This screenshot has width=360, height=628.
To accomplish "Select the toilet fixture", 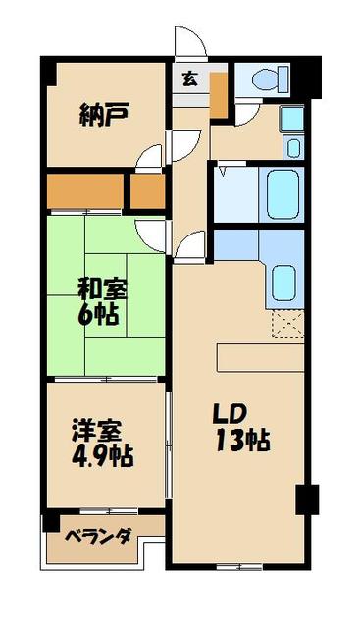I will pyautogui.click(x=267, y=78).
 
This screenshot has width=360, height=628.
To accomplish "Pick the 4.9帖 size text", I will pyautogui.click(x=103, y=456).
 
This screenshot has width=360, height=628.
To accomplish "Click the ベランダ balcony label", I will pyautogui.click(x=98, y=537).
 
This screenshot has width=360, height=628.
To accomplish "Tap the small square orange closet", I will pyautogui.click(x=148, y=191).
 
